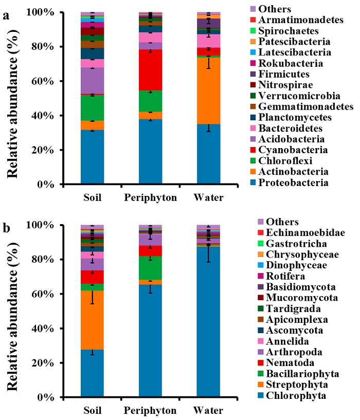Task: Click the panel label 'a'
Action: pyautogui.click(x=7, y=16)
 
